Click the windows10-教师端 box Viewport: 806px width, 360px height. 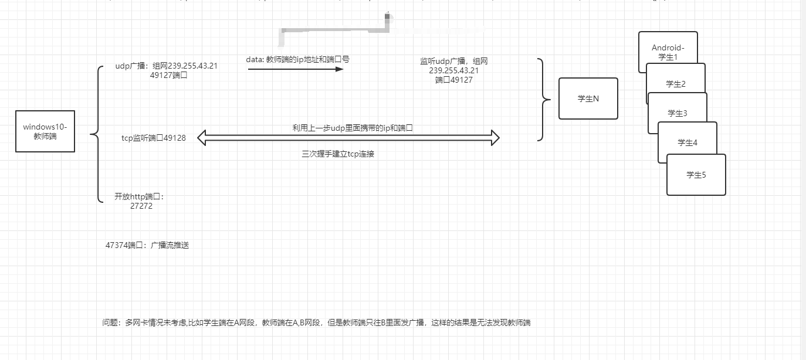pos(45,131)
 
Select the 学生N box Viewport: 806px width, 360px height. pos(588,99)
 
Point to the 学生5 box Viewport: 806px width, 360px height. pos(696,175)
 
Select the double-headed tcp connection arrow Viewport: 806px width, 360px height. pos(348,138)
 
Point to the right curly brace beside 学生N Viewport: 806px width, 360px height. pos(544,100)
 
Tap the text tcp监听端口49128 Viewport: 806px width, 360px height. pos(154,138)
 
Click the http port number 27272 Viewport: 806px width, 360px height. pos(141,206)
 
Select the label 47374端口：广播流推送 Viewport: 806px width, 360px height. pos(147,245)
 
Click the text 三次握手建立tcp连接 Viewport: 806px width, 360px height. pos(338,154)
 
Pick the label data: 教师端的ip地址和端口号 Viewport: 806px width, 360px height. pos(298,59)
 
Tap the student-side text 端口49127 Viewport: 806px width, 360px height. pos(454,80)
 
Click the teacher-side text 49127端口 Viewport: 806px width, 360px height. pos(168,75)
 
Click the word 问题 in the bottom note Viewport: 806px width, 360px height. pos(110,322)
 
